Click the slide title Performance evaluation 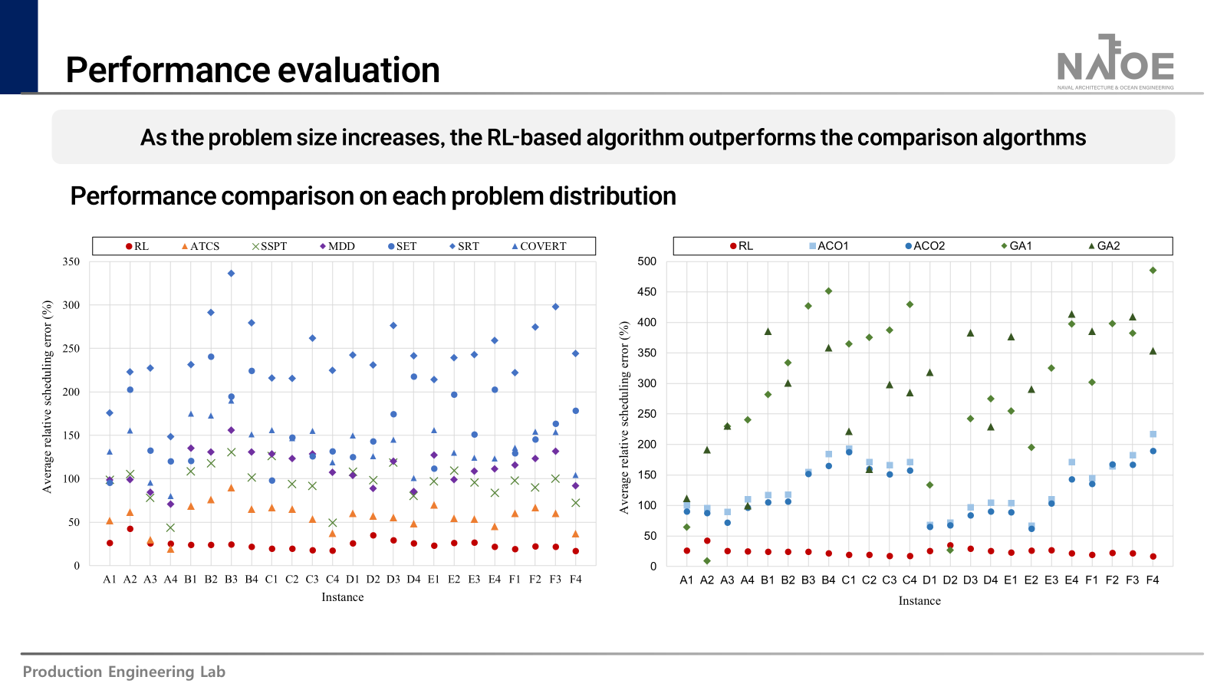(252, 70)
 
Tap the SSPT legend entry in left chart (269, 246)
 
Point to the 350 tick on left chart (71, 261)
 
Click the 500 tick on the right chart (647, 261)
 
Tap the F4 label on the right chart (1153, 580)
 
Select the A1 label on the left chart (110, 580)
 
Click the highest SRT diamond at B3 (231, 274)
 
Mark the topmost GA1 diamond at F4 (1153, 271)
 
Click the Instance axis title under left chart (342, 597)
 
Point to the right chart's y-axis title (624, 417)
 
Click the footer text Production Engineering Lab (123, 672)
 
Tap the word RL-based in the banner (534, 137)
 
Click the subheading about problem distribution (373, 196)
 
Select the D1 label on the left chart (353, 580)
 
